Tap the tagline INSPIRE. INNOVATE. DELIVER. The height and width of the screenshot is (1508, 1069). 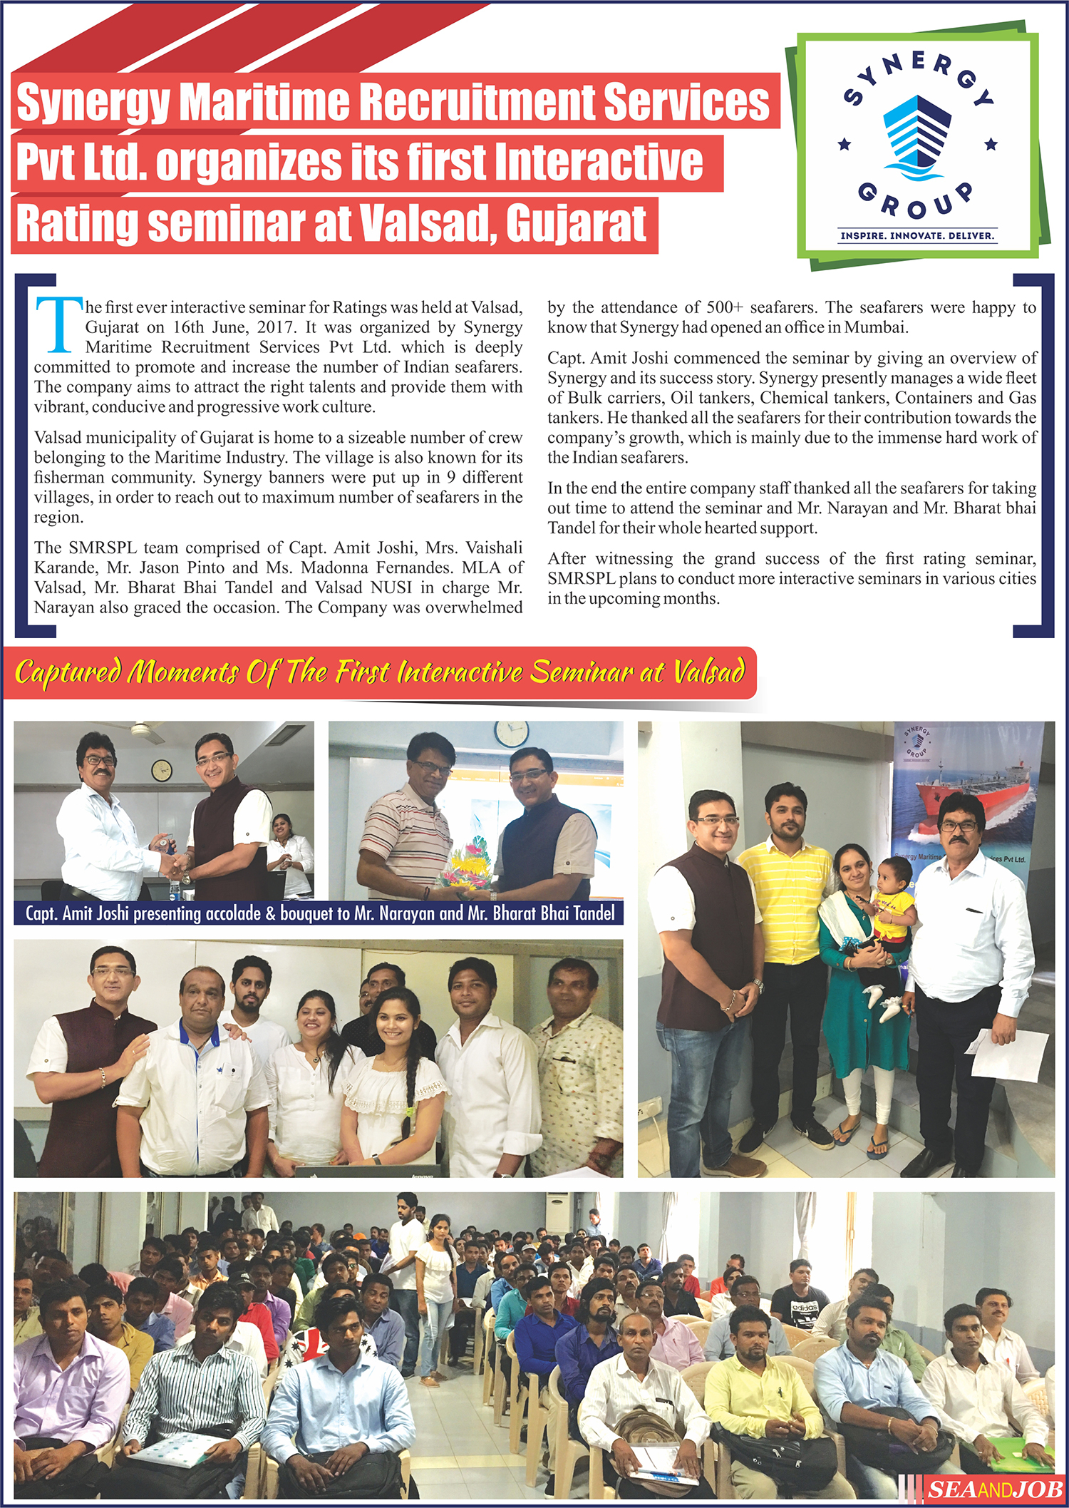tap(917, 235)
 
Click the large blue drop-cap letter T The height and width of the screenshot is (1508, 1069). tap(58, 324)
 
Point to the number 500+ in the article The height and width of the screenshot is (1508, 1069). tap(725, 308)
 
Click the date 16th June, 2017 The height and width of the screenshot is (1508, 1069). tap(232, 328)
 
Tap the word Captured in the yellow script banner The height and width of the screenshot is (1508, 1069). tap(68, 672)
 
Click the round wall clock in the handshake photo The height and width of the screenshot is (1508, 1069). tap(162, 769)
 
